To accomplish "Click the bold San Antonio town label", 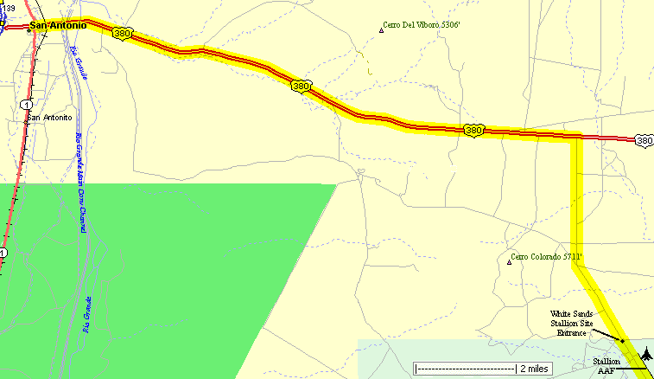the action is [x=58, y=25].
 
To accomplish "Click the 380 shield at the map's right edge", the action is [x=644, y=139].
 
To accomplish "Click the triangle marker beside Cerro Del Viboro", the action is [x=381, y=32].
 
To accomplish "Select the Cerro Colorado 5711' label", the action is [x=547, y=256].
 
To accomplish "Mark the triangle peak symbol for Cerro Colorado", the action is [x=509, y=261].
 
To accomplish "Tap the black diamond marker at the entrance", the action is [x=622, y=341].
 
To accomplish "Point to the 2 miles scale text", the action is [x=532, y=368].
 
